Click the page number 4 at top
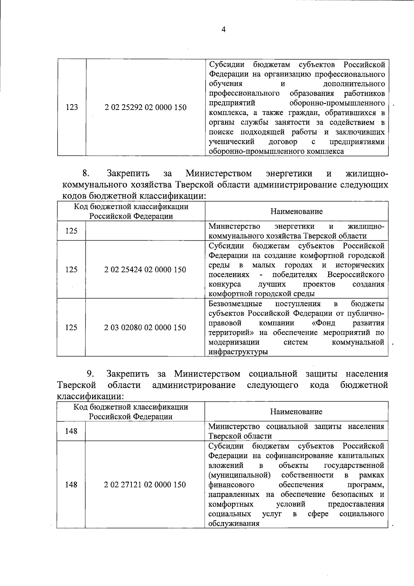pyautogui.click(x=223, y=30)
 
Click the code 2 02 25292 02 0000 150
pyautogui.click(x=145, y=107)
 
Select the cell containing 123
pyautogui.click(x=71, y=107)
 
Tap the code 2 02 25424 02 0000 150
pyautogui.click(x=145, y=269)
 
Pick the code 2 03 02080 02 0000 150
pyautogui.click(x=145, y=327)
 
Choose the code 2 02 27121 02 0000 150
pyautogui.click(x=145, y=485)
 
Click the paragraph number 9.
pyautogui.click(x=90, y=374)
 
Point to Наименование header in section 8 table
pyautogui.click(x=296, y=211)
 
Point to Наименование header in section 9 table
pyautogui.click(x=296, y=411)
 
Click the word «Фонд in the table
pyautogui.click(x=323, y=323)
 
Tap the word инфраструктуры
pyautogui.click(x=238, y=352)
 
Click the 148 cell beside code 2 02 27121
pyautogui.click(x=71, y=485)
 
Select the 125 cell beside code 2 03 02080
pyautogui.click(x=71, y=327)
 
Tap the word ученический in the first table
pyautogui.click(x=231, y=142)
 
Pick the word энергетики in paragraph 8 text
pyautogui.click(x=289, y=173)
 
